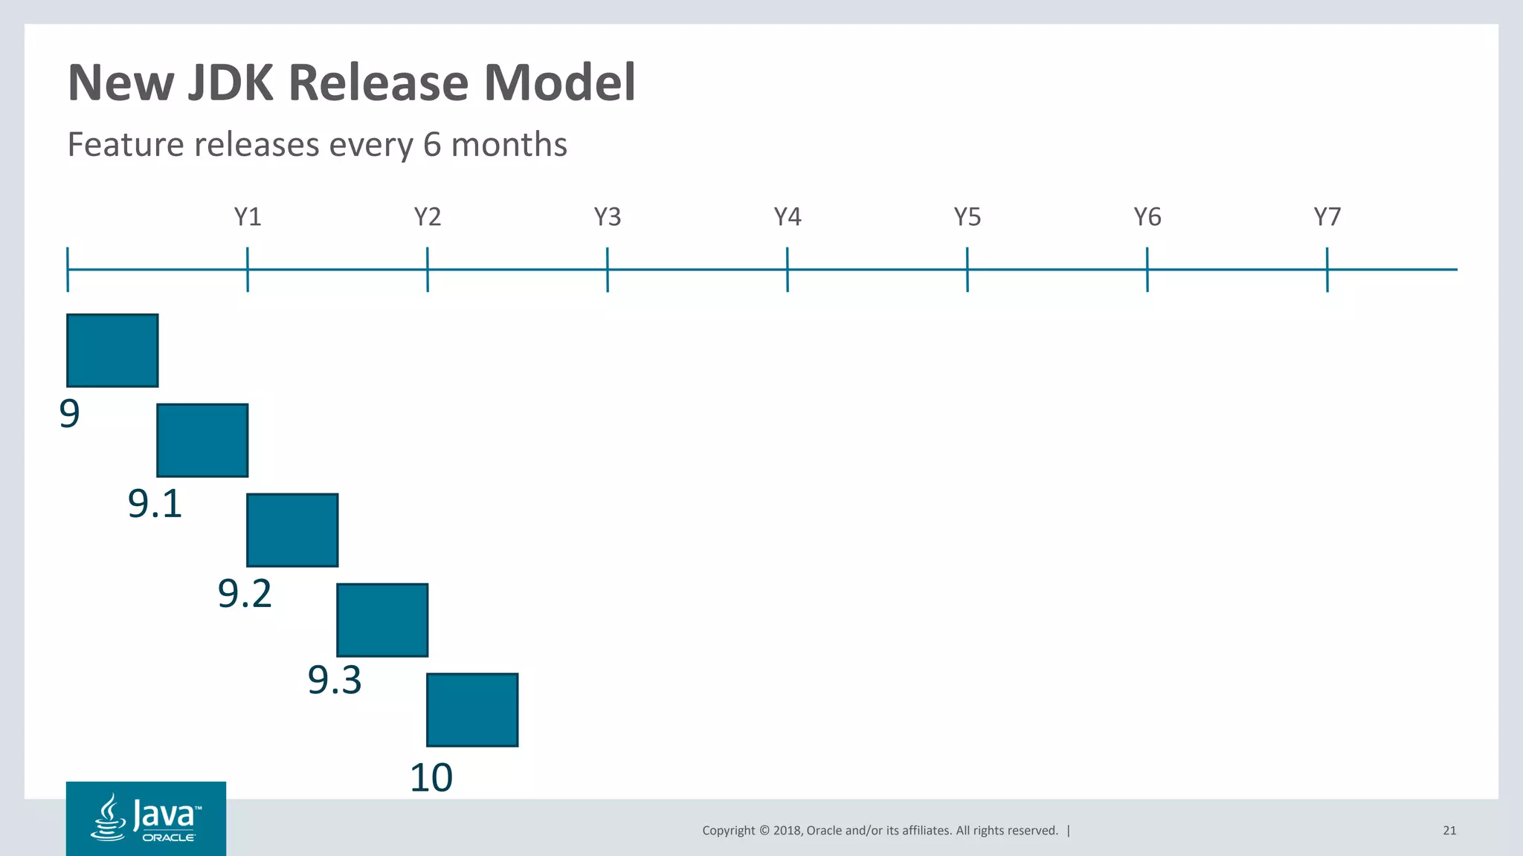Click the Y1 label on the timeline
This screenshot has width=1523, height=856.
click(248, 217)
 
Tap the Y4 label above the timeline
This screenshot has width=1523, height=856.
click(788, 217)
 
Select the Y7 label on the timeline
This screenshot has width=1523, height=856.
click(1327, 217)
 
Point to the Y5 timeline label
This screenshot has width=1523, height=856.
click(967, 217)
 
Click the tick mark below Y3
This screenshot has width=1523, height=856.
click(608, 269)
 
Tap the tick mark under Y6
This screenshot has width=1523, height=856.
click(1147, 269)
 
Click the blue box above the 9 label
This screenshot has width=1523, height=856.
click(112, 351)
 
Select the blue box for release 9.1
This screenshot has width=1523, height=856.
click(202, 441)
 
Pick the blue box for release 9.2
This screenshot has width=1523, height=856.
click(292, 531)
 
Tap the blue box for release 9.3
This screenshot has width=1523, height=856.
click(382, 620)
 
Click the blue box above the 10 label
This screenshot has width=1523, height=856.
click(472, 710)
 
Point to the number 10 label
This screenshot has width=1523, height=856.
click(431, 778)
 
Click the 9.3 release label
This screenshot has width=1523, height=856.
click(335, 680)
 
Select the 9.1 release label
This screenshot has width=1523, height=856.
click(155, 504)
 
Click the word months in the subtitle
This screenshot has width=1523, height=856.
click(509, 144)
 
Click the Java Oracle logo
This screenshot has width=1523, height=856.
click(146, 818)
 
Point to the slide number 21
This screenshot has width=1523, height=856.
click(1449, 831)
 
